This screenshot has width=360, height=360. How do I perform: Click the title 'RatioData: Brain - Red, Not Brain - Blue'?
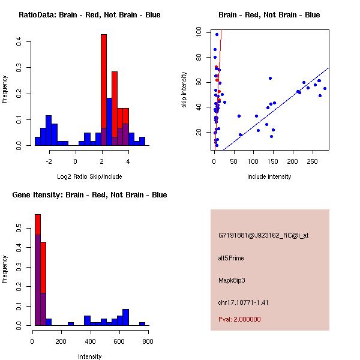pyautogui.click(x=89, y=15)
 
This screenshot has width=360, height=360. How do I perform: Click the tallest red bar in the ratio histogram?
pyautogui.click(x=104, y=90)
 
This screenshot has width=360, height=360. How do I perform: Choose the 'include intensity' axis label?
pyautogui.click(x=269, y=176)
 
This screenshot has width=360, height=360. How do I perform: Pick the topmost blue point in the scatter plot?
pyautogui.click(x=217, y=34)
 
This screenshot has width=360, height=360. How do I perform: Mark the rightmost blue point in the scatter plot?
pyautogui.click(x=325, y=88)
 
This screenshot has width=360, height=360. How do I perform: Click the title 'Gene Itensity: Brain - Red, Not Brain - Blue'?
pyautogui.click(x=89, y=195)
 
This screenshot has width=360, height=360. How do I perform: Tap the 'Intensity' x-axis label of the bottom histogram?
pyautogui.click(x=90, y=356)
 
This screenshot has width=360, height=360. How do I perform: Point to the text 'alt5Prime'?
pyautogui.click(x=231, y=258)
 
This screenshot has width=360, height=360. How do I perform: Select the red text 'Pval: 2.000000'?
pyautogui.click(x=239, y=319)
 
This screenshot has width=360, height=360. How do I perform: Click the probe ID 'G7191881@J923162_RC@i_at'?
pyautogui.click(x=263, y=236)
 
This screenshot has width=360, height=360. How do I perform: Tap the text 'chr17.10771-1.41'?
pyautogui.click(x=243, y=302)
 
